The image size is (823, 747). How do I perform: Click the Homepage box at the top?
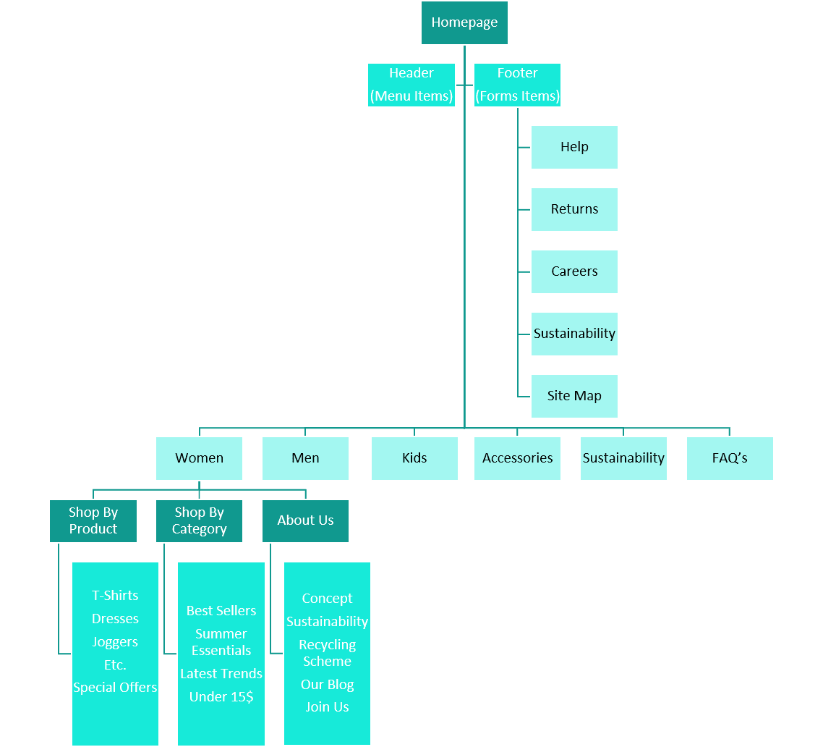(x=464, y=22)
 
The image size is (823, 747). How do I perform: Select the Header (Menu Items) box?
(x=412, y=85)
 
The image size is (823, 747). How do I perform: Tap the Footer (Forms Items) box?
(x=517, y=85)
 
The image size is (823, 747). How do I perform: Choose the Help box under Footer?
(x=574, y=147)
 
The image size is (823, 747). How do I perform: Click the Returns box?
(x=574, y=209)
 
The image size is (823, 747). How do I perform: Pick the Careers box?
(x=574, y=271)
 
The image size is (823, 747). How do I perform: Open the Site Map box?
(x=574, y=396)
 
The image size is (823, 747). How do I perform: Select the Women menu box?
(x=199, y=458)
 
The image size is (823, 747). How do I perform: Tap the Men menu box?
(x=305, y=458)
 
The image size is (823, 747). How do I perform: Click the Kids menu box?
(x=414, y=458)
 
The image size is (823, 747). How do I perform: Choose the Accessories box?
(x=517, y=458)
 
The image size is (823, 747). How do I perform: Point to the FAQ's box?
(x=730, y=458)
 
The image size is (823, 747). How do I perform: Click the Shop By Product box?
(x=93, y=520)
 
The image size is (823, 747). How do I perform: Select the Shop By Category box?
(x=199, y=520)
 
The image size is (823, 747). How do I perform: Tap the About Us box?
(x=305, y=520)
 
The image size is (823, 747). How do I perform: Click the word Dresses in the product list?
(x=115, y=619)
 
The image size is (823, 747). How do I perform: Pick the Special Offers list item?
(x=115, y=688)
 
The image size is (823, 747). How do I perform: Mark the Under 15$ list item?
(x=221, y=697)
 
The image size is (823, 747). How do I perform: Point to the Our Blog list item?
(x=327, y=685)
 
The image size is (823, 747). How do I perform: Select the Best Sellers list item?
(x=221, y=611)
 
